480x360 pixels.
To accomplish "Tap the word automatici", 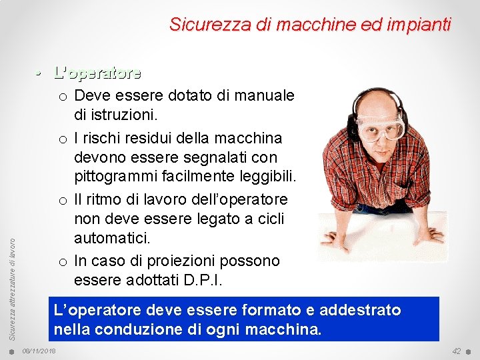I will coord(115,237).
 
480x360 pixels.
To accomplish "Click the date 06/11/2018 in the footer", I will coord(39,351).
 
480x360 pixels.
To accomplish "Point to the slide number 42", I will coord(456,351).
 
